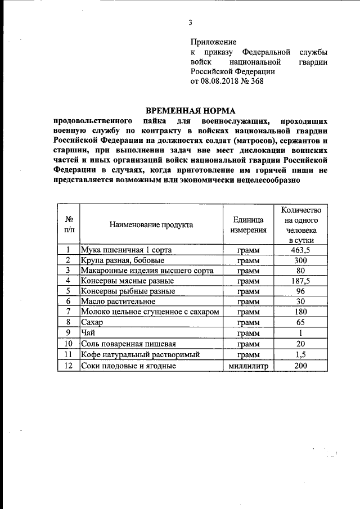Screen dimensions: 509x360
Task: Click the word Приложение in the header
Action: [213, 42]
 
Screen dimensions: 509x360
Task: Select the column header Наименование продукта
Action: [151, 224]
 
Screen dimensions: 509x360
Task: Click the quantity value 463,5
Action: [301, 250]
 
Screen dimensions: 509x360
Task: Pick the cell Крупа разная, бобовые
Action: [122, 260]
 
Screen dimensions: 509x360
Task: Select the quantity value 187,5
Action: [301, 281]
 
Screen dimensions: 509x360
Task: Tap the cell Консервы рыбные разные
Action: [128, 291]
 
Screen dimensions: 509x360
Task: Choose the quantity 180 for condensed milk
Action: [301, 312]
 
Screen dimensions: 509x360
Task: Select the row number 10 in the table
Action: [68, 344]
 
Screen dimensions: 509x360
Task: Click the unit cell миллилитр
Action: [248, 366]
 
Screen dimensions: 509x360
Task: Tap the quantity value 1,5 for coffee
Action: [301, 355]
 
